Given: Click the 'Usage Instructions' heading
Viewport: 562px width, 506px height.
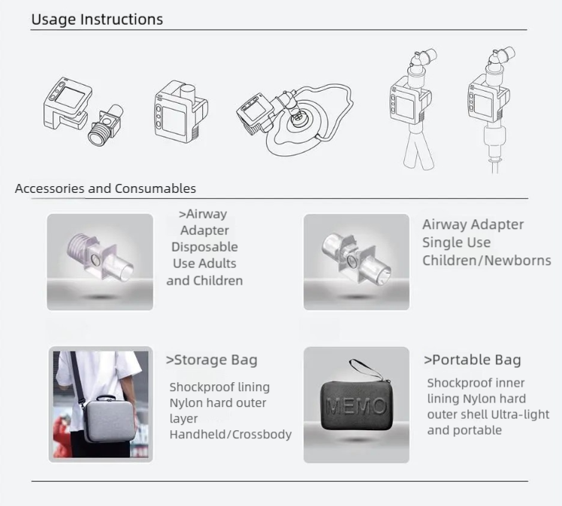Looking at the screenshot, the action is (97, 20).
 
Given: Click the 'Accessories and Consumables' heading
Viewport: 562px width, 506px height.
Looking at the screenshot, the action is (105, 188).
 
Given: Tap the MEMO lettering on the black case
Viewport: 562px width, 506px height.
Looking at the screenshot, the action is (356, 406).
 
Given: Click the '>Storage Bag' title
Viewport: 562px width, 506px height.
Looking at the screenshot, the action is (211, 360).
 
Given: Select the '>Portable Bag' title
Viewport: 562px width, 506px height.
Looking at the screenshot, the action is (473, 360).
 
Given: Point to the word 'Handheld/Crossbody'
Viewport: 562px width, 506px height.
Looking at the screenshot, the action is (231, 435).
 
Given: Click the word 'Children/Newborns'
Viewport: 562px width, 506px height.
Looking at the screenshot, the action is (487, 261).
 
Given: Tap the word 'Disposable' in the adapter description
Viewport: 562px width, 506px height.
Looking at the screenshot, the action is (204, 247).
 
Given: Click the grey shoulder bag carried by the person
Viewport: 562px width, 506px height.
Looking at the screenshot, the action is (109, 419).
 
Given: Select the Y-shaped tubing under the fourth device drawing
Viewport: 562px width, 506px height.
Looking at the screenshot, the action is (418, 150).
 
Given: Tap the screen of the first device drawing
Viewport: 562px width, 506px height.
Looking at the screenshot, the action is (70, 98).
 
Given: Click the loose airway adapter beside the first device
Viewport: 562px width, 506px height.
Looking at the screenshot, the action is (105, 125).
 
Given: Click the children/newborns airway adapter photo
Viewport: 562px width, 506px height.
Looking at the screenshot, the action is (356, 256).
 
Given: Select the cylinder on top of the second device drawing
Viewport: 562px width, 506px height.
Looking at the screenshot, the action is (188, 95).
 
